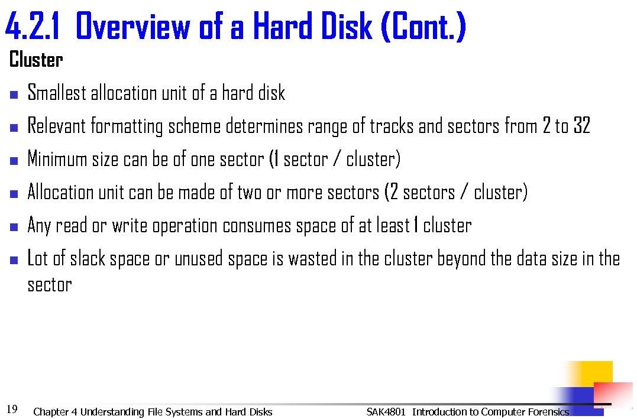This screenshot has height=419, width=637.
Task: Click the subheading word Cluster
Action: coord(36,60)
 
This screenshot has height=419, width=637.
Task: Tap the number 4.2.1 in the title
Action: coord(33,28)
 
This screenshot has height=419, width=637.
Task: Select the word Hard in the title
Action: coord(283,28)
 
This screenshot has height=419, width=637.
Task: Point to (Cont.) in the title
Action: coord(424,28)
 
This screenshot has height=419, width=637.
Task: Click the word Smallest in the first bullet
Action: coord(57,93)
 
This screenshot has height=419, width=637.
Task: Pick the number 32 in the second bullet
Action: coord(581,126)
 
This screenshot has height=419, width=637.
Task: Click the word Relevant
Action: coord(56,126)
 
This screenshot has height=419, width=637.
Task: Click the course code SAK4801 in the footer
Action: coord(386,412)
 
